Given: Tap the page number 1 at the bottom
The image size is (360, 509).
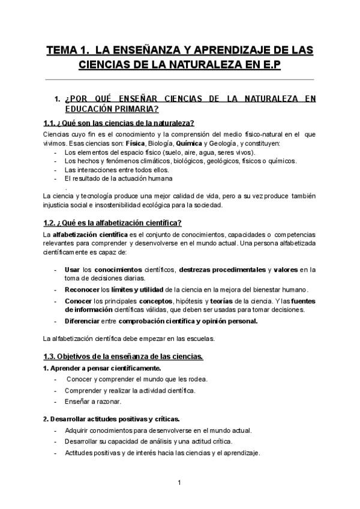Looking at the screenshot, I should click(179, 482).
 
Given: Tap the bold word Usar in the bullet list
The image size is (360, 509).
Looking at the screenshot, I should click(73, 270).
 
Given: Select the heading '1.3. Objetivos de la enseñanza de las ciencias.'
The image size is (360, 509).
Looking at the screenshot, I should click(124, 357).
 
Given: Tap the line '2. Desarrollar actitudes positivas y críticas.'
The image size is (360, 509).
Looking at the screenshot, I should click(112, 418).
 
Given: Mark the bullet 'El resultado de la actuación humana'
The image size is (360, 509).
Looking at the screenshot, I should click(118, 178).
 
